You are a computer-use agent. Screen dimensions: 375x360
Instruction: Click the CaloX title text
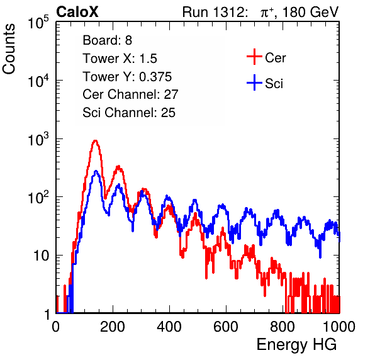click(x=77, y=12)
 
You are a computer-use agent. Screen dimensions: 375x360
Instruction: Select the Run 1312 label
click(x=215, y=12)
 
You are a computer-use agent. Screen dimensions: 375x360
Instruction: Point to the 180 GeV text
click(x=310, y=12)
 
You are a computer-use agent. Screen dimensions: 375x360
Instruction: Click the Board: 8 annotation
click(x=107, y=40)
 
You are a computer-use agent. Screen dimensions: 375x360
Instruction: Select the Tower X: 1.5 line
click(x=120, y=59)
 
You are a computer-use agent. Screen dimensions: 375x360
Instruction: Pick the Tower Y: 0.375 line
click(x=127, y=77)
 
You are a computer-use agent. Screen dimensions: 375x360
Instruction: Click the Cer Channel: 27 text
click(x=130, y=94)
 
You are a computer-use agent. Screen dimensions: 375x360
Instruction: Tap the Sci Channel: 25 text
click(x=129, y=113)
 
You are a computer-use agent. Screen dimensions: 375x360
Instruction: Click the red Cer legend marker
click(x=254, y=57)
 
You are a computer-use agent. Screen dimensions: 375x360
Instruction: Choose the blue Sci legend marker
click(x=254, y=82)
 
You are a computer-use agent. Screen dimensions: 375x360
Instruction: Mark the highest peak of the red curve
click(x=95, y=140)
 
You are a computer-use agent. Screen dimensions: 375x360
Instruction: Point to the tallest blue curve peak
click(x=96, y=171)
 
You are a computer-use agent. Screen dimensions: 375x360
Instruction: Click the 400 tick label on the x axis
click(x=169, y=327)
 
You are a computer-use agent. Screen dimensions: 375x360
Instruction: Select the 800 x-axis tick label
click(x=283, y=327)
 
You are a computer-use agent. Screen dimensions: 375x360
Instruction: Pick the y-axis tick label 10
click(x=41, y=256)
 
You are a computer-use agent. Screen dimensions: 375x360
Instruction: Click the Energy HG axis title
click(x=296, y=345)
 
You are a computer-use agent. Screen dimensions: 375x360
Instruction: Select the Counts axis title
click(x=9, y=49)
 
